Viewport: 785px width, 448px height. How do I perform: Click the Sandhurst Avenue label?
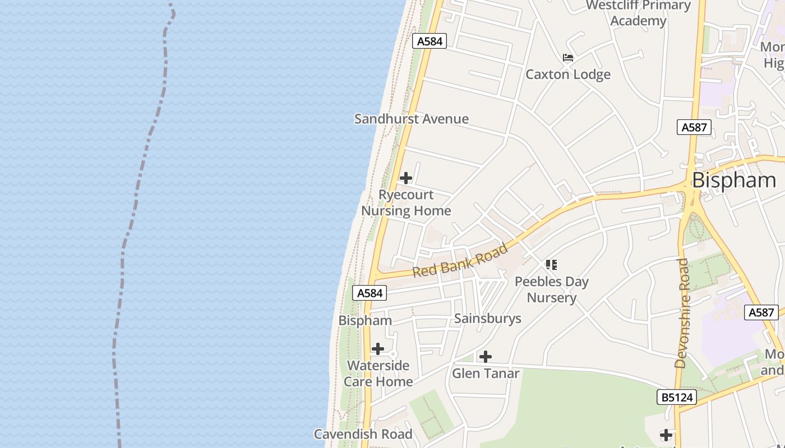point(412,119)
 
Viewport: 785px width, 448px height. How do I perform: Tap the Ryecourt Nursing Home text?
point(406,203)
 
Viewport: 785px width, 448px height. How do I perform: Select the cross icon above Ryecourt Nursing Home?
point(405,178)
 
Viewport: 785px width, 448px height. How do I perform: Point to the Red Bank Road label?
point(460,260)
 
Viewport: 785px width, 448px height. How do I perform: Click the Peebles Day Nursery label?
point(552,290)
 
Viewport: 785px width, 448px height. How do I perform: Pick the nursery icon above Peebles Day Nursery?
point(552,265)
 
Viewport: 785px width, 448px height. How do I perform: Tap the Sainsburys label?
point(488,319)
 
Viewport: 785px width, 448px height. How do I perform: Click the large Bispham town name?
point(734,180)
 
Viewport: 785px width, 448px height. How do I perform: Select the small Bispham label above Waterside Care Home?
point(365,321)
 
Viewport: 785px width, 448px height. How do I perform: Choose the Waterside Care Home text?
point(378,374)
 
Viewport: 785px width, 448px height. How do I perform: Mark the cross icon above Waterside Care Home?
point(378,349)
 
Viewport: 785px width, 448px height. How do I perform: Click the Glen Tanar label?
point(486,373)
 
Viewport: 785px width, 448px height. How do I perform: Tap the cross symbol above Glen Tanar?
point(486,356)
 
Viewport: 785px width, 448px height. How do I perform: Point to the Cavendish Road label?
point(363,434)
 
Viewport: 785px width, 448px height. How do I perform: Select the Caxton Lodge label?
point(568,74)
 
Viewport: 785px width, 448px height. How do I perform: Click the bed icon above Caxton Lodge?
point(568,57)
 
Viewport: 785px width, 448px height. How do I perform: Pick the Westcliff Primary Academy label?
point(638,13)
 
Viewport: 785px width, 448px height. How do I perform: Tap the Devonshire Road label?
point(682,313)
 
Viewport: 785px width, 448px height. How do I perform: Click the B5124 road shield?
point(676,398)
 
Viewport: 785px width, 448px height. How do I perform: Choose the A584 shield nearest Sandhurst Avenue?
point(430,41)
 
